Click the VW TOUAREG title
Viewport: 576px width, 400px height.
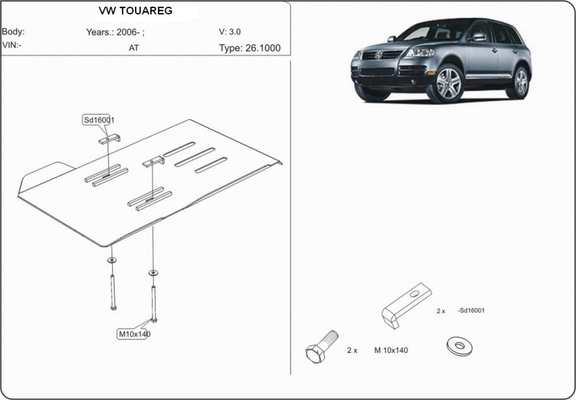(135, 11)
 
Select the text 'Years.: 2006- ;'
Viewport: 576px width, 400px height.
(115, 32)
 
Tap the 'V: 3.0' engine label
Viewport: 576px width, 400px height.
(230, 31)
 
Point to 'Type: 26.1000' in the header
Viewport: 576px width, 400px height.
(250, 48)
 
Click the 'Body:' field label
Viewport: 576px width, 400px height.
(13, 31)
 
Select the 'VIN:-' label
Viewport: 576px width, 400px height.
(12, 45)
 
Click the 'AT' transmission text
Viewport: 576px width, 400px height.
(134, 48)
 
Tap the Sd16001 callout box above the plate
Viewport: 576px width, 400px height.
(98, 120)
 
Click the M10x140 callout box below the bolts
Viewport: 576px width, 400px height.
(134, 334)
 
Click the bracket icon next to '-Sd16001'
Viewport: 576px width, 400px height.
(407, 306)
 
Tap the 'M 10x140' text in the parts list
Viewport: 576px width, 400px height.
(391, 351)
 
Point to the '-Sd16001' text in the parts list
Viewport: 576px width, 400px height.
(471, 311)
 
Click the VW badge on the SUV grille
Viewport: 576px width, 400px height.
(379, 55)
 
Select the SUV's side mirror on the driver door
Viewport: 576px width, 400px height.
(478, 37)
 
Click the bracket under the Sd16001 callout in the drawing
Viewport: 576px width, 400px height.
(110, 139)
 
